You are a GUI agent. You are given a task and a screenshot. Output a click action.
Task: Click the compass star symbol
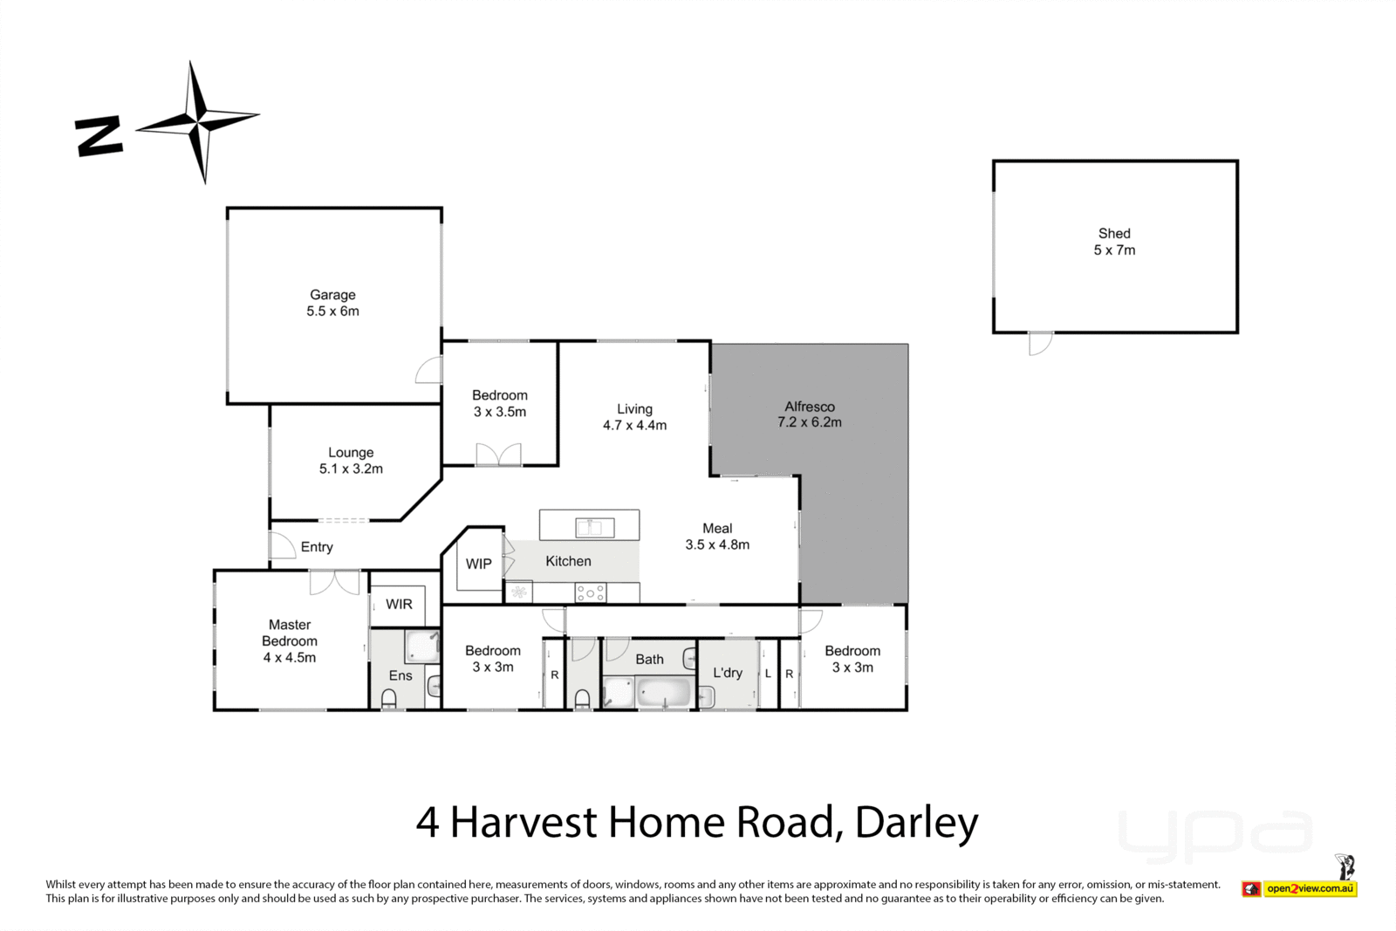pos(199,121)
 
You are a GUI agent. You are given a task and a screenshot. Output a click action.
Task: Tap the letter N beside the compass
pos(99,136)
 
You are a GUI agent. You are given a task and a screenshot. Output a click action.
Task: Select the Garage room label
pos(332,303)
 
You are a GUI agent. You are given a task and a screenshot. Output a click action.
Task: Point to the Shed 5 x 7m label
pos(1114,242)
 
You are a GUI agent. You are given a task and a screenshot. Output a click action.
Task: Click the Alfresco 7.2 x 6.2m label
pos(810,414)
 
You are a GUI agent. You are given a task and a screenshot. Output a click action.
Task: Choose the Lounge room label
pos(351,461)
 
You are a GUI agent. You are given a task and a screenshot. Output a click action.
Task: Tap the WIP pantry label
pos(478,564)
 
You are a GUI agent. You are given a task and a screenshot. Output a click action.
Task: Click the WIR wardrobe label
pos(399,604)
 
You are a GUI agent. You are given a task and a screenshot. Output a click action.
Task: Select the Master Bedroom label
pos(290,641)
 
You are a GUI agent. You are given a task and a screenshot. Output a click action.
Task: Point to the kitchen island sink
pos(593,527)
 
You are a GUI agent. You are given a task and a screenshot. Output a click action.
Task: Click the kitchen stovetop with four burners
pos(590,593)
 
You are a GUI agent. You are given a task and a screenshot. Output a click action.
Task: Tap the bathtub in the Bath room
pos(664,695)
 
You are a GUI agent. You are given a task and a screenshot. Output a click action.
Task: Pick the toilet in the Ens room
pos(389,698)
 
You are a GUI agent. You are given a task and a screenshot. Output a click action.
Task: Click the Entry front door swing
pos(281,546)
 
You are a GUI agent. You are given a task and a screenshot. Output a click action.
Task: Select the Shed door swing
pos(1040,343)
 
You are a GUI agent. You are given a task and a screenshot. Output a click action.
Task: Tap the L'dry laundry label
pos(728,673)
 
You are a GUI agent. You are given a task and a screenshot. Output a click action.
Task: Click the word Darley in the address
pos(916,822)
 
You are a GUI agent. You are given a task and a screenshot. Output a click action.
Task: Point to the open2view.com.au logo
pos(1310,888)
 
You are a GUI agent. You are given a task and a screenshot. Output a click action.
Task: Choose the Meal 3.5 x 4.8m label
pos(717,537)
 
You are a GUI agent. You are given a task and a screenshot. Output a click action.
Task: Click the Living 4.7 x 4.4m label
pos(634,417)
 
